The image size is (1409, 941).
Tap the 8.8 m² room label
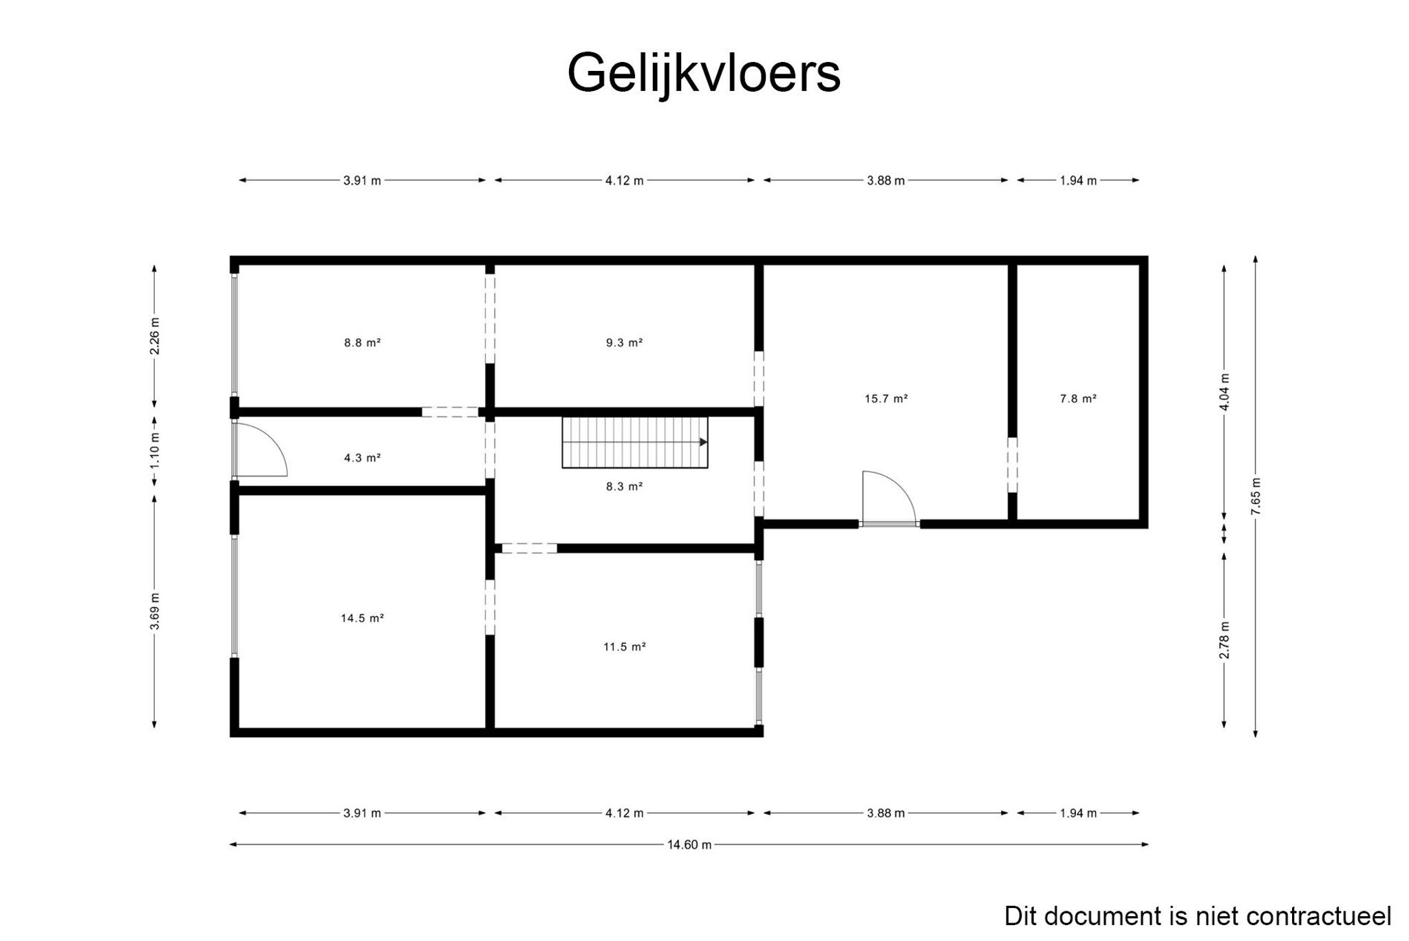pyautogui.click(x=363, y=342)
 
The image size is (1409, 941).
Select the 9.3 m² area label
pyautogui.click(x=624, y=342)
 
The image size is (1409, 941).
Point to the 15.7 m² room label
pyautogui.click(x=886, y=398)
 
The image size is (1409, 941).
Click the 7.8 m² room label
pyautogui.click(x=1077, y=398)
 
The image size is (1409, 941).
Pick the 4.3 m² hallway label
pyautogui.click(x=363, y=457)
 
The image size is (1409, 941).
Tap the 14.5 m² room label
pyautogui.click(x=362, y=617)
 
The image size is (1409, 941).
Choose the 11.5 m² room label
pyautogui.click(x=624, y=646)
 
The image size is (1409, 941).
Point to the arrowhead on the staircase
pyautogui.click(x=703, y=442)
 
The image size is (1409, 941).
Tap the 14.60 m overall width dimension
pyautogui.click(x=689, y=845)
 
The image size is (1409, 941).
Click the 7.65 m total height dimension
pyautogui.click(x=1256, y=496)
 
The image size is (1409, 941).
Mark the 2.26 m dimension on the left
pyautogui.click(x=154, y=335)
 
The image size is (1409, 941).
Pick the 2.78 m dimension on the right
pyautogui.click(x=1224, y=640)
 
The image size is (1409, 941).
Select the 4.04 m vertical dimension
pyautogui.click(x=1224, y=391)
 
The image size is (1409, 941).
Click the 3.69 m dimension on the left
pyautogui.click(x=154, y=611)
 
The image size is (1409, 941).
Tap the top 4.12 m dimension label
pyautogui.click(x=624, y=180)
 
